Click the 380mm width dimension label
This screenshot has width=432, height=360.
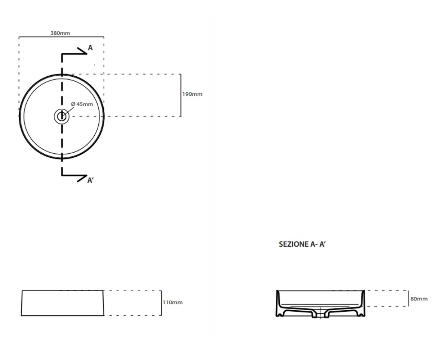click(60, 33)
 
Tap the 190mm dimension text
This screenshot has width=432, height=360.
click(192, 94)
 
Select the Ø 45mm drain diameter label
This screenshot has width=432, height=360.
click(82, 104)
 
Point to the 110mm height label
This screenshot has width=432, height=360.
click(172, 302)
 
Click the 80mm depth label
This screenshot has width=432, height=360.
click(419, 299)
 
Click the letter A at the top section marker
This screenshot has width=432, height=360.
click(90, 48)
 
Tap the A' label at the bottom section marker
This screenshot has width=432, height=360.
click(90, 180)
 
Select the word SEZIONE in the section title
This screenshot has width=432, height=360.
click(294, 244)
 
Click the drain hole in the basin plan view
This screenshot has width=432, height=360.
click(62, 117)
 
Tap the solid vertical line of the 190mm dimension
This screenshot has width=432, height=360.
click(181, 95)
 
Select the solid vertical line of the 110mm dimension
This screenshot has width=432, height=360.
click(161, 303)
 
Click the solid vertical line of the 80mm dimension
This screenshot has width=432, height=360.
click(409, 298)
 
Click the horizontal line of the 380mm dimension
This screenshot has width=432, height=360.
click(61, 37)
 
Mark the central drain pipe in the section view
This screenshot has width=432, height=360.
click(320, 313)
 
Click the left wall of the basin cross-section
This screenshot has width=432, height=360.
click(278, 303)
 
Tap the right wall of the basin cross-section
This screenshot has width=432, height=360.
click(363, 303)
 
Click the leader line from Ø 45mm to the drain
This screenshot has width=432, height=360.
click(69, 111)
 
